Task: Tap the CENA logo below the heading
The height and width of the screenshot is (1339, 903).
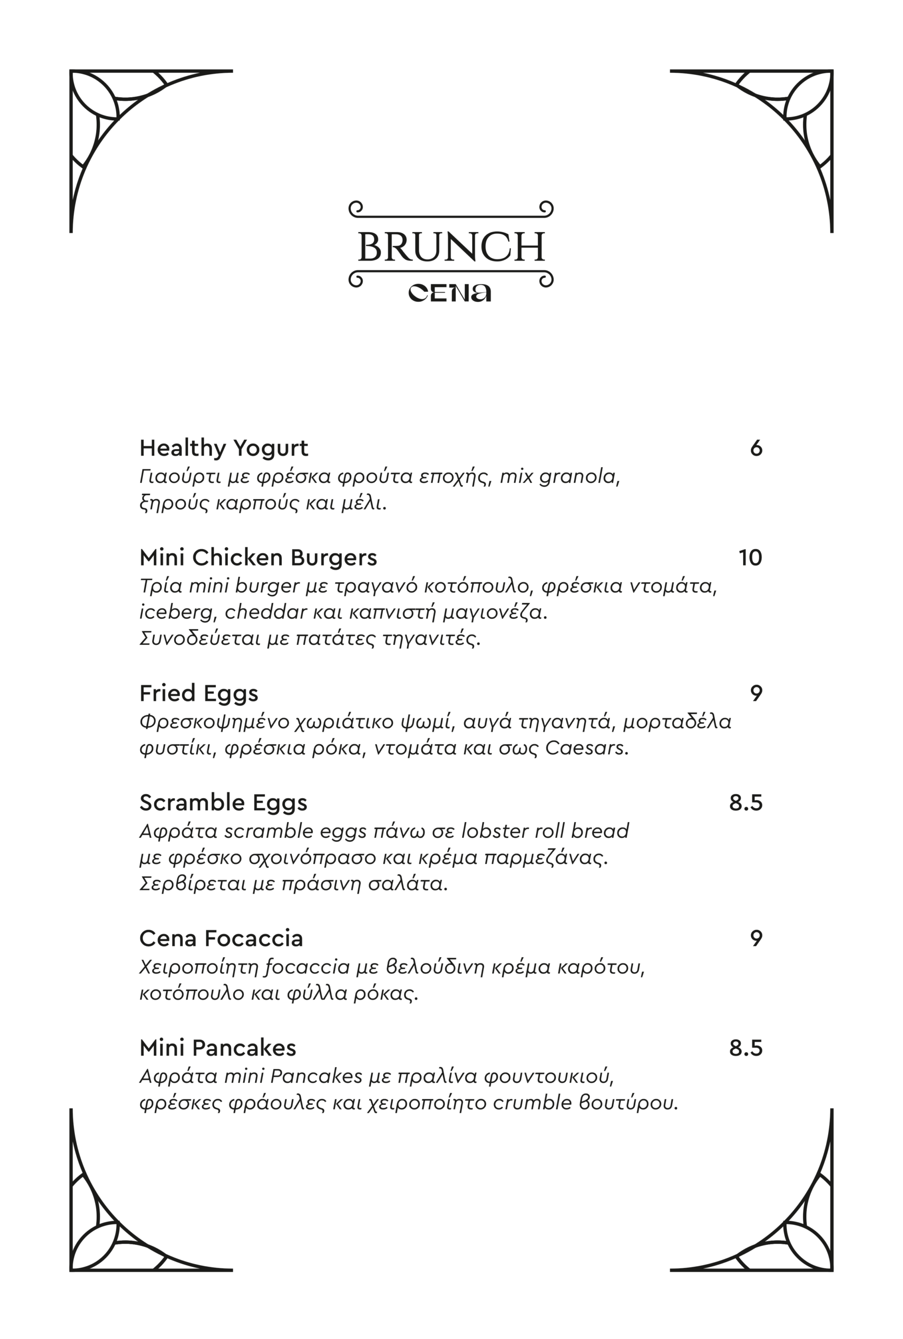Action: [x=450, y=292]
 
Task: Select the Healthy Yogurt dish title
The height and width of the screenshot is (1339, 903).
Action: [x=223, y=448]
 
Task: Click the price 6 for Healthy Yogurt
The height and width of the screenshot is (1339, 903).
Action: [x=756, y=448]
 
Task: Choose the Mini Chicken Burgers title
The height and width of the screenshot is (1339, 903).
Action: [x=258, y=558]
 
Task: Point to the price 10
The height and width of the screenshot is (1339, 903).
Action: [x=750, y=558]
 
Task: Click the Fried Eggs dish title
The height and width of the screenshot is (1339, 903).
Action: [x=199, y=694]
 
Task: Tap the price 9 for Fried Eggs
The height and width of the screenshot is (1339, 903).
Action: [x=756, y=694]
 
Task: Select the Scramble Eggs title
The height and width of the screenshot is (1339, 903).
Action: [x=223, y=803]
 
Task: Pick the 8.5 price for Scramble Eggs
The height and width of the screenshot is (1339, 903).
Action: [x=746, y=803]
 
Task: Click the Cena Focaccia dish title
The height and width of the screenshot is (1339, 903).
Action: [x=221, y=939]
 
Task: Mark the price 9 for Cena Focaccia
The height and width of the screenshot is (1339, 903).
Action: [x=756, y=939]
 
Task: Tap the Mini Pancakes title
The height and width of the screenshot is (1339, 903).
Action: [x=218, y=1048]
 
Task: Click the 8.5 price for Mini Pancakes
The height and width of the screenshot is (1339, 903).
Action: [x=746, y=1048]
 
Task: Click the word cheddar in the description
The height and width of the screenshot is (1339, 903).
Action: [x=266, y=612]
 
